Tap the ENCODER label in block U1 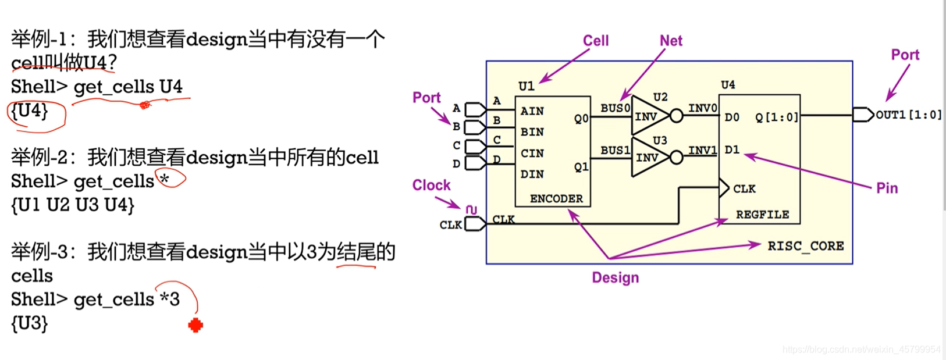(556, 199)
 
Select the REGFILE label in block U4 (762, 215)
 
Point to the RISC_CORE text (806, 246)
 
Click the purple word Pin (887, 188)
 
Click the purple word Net (671, 41)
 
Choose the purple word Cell (596, 41)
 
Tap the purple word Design (615, 277)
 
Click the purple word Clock (431, 185)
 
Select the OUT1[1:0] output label (908, 115)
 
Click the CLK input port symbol (475, 224)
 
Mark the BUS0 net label (615, 108)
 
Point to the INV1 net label (702, 150)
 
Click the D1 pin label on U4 (732, 150)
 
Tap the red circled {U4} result (30, 111)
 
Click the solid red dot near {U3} (195, 325)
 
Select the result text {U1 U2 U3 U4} (73, 205)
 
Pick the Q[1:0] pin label (777, 117)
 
